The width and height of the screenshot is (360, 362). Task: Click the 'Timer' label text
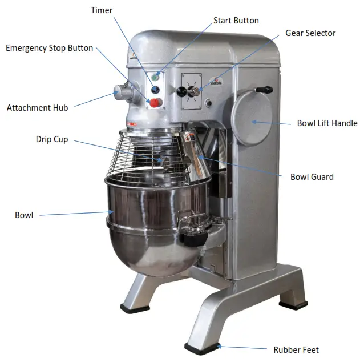(102, 10)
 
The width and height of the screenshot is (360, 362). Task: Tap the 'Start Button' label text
(236, 21)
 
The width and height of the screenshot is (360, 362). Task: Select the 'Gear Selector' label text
(310, 33)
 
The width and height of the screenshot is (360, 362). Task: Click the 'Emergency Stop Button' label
(49, 48)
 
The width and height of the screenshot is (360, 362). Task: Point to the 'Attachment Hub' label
(37, 107)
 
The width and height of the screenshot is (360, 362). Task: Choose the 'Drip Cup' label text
(52, 139)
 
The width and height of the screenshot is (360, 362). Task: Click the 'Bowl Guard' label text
(312, 177)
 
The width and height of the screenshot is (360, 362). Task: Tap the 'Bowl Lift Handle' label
(327, 123)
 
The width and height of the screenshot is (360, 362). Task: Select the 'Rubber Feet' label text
(296, 349)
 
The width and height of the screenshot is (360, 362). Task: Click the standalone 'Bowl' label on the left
(24, 215)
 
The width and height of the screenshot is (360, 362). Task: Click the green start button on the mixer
(155, 76)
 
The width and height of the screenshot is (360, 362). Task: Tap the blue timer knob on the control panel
(155, 89)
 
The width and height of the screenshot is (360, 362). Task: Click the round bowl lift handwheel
(251, 119)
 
